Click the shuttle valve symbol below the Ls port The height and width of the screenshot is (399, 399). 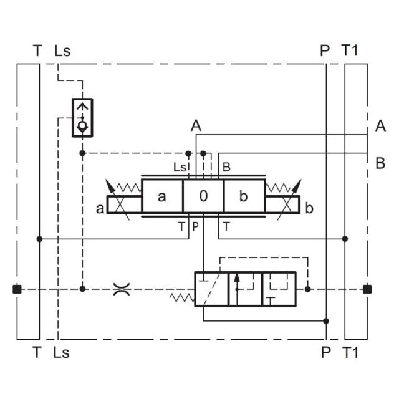tap(82, 117)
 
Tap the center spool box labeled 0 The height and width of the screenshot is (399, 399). tap(203, 197)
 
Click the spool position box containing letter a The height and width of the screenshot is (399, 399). tap(162, 197)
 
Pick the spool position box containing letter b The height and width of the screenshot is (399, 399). tap(244, 197)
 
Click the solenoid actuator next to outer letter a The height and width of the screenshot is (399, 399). tap(124, 204)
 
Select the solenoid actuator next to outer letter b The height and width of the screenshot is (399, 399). tap(282, 204)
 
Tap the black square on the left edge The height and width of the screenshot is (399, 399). tap(17, 289)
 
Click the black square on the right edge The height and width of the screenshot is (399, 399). tap(367, 289)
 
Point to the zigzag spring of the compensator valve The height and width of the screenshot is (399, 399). tap(181, 298)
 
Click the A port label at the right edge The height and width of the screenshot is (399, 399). tap(380, 127)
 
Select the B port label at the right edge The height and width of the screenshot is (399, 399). tap(380, 164)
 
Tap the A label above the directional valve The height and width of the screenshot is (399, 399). tap(196, 126)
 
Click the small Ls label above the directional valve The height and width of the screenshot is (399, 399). tap(180, 167)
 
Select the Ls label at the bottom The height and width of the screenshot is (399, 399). tap(62, 353)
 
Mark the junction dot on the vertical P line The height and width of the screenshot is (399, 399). tap(326, 321)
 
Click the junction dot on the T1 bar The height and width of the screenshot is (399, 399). tap(345, 239)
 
